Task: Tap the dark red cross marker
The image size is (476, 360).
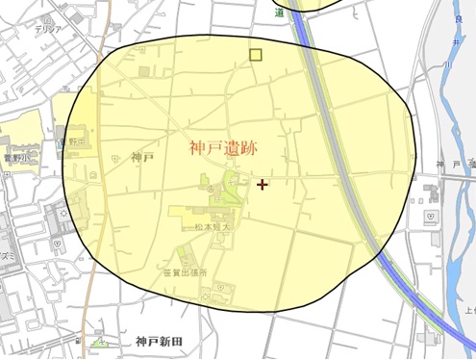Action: (263, 184)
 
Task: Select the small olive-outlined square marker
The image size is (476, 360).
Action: (255, 55)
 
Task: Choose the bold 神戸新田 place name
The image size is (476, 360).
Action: (159, 342)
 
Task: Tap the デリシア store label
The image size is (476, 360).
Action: (47, 29)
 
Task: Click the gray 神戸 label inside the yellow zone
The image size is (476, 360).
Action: (141, 157)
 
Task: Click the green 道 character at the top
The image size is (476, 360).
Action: (280, 13)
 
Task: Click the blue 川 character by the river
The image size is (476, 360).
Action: (449, 64)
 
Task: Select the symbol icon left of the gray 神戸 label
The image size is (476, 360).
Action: (114, 158)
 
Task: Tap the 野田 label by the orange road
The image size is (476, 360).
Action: (82, 141)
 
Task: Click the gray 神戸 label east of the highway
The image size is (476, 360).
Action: (442, 166)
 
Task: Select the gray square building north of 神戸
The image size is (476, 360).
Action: (143, 71)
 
